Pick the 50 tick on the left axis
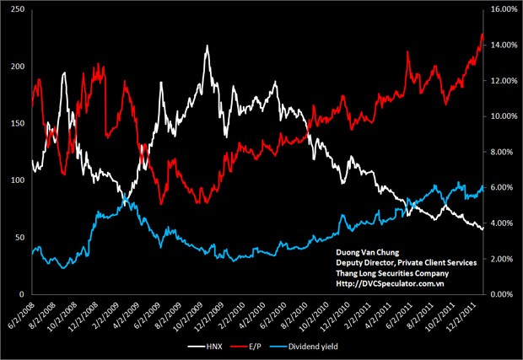point(19,237)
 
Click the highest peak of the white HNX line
point(207,46)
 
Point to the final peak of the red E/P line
point(482,35)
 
